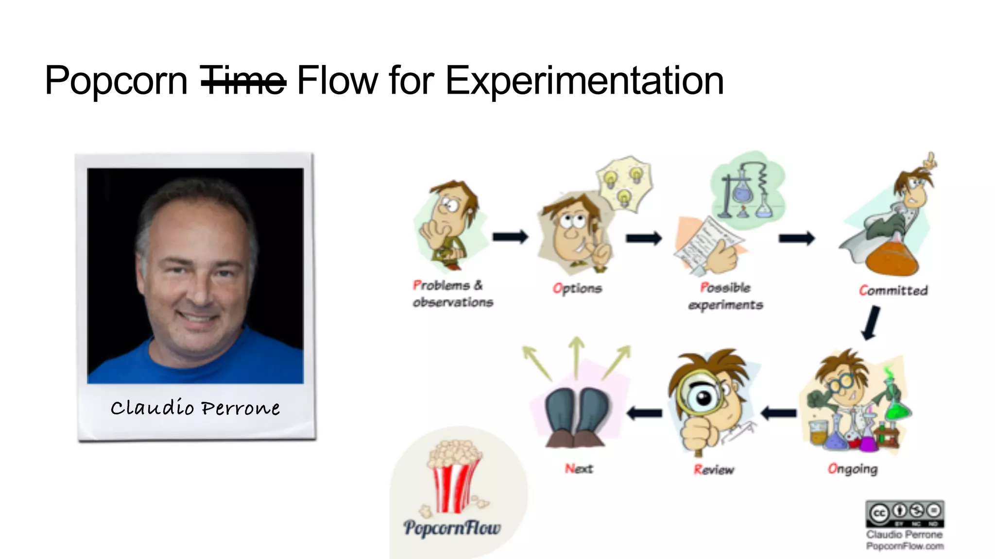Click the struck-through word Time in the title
click(x=243, y=81)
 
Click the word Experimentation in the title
click(x=584, y=81)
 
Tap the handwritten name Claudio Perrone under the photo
click(x=195, y=408)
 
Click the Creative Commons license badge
click(x=905, y=513)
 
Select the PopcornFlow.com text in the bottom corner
click(x=905, y=546)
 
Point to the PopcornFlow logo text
click(x=452, y=527)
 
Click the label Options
click(x=577, y=288)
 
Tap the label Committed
click(x=893, y=290)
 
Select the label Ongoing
click(x=853, y=469)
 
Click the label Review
click(x=714, y=470)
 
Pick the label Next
click(x=579, y=469)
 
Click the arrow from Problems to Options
click(x=510, y=237)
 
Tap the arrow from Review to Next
click(x=644, y=413)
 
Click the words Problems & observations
click(x=452, y=294)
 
